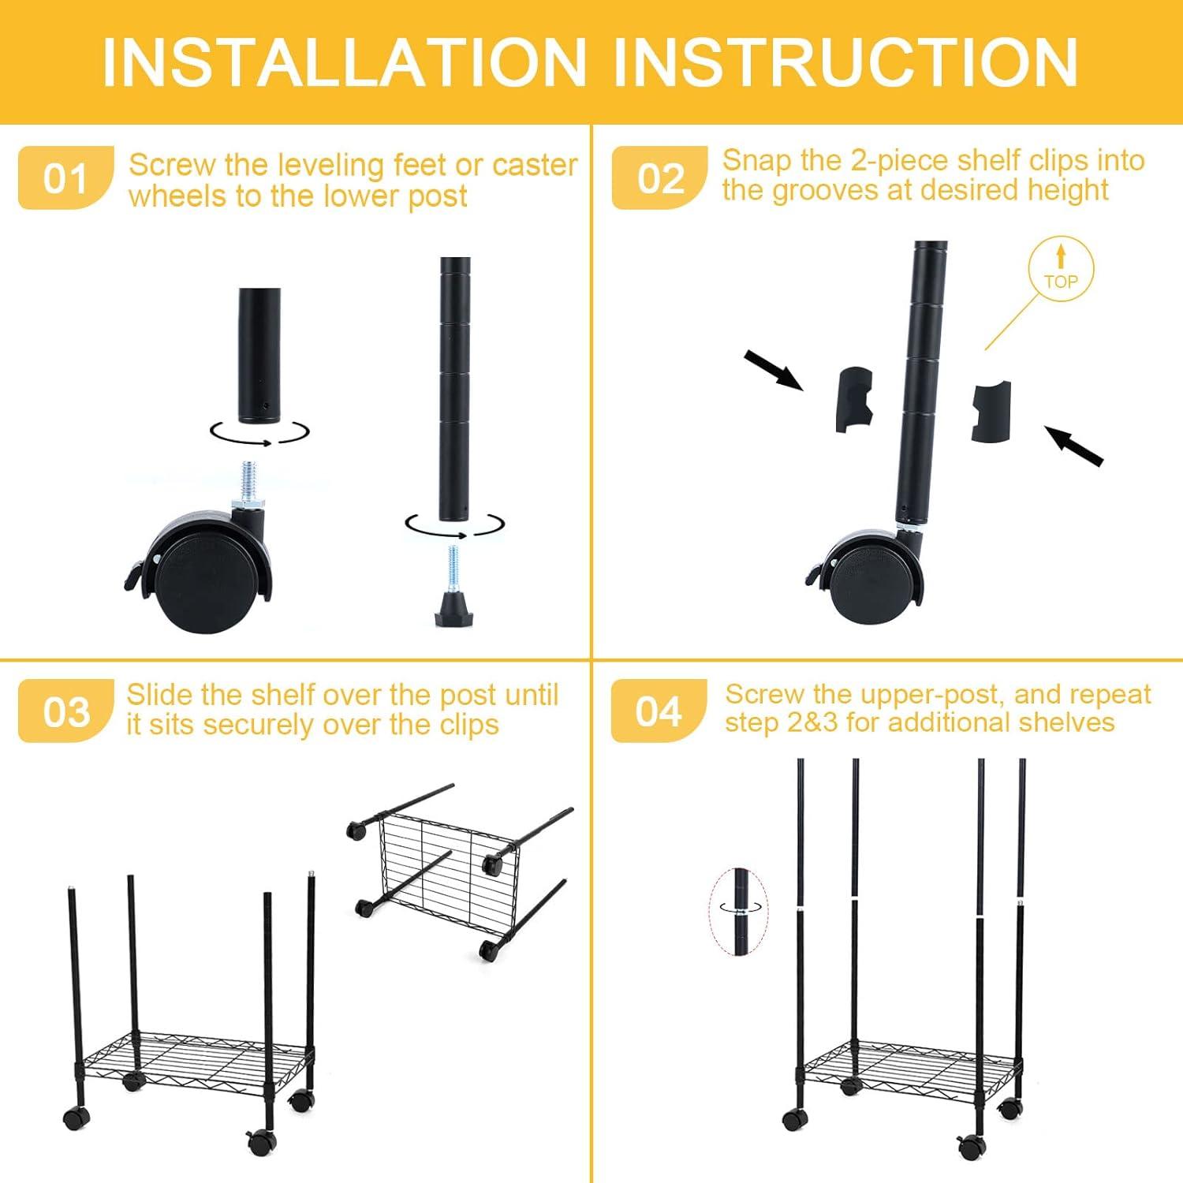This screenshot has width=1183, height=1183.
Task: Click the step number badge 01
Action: click(65, 178)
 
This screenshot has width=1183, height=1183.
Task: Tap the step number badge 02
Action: click(659, 178)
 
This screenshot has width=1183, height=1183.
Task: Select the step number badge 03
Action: click(65, 711)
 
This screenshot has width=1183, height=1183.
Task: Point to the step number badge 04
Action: click(659, 711)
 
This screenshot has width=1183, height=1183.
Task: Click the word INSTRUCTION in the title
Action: click(845, 63)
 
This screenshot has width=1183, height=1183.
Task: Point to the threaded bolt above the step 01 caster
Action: click(250, 483)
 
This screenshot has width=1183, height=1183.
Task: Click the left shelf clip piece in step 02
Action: click(855, 398)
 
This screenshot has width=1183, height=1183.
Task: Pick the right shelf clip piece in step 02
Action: click(991, 411)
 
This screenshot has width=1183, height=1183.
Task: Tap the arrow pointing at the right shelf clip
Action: click(1074, 446)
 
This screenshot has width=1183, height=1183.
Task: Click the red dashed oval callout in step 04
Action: click(738, 909)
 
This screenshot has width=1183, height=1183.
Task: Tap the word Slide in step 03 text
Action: click(160, 695)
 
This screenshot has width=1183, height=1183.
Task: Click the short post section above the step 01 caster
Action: click(259, 355)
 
